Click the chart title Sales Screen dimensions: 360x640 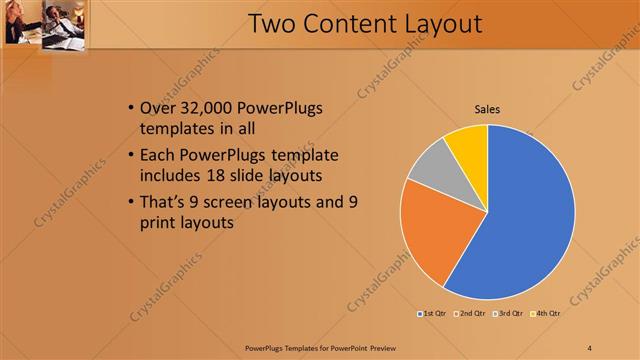point(487,109)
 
